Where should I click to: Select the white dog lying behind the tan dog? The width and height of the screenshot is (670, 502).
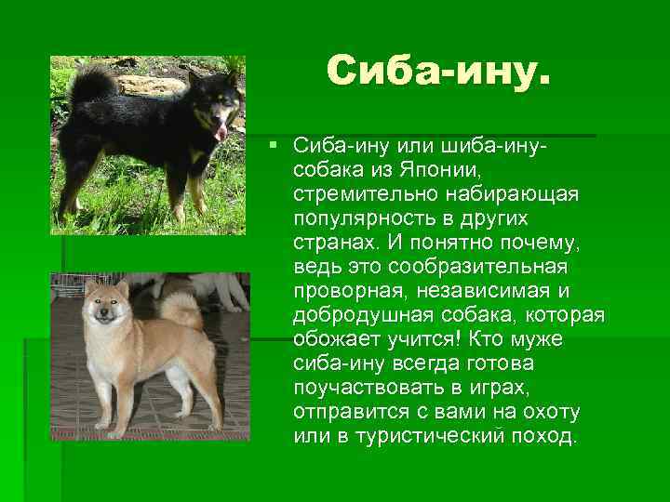(219, 290)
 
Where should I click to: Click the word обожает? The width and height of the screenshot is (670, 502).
(333, 339)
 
